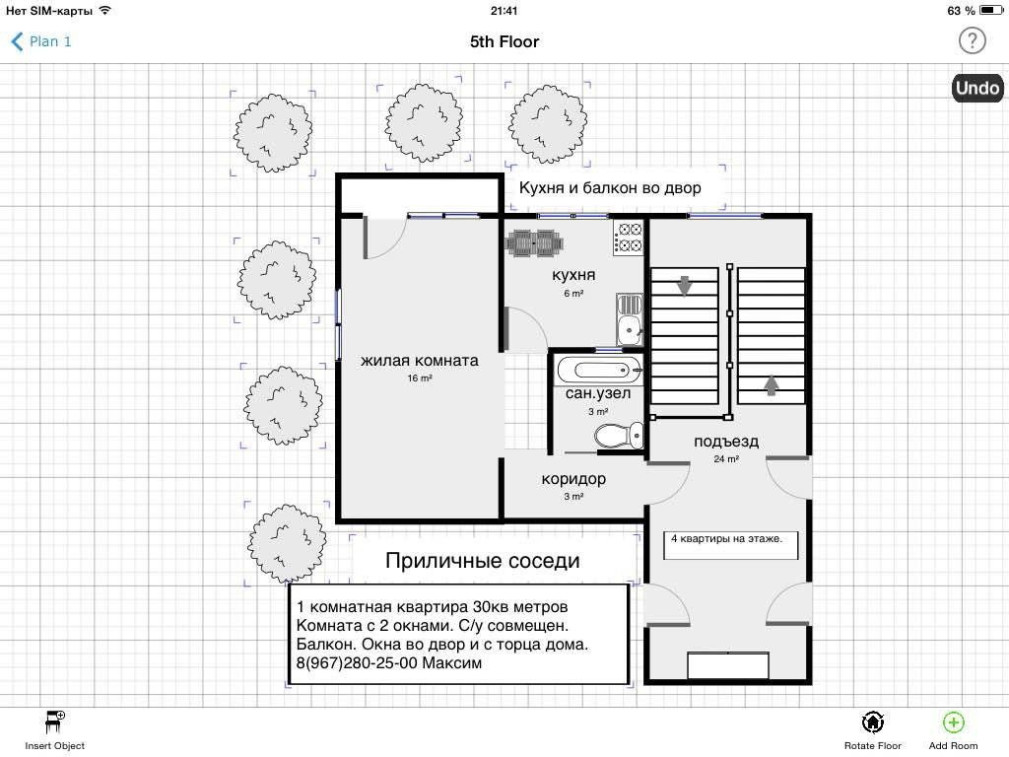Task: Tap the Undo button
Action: pyautogui.click(x=976, y=88)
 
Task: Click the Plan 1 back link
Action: pyautogui.click(x=41, y=41)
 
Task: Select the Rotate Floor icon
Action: pyautogui.click(x=873, y=723)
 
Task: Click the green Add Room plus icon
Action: pyautogui.click(x=953, y=723)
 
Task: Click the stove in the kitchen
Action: pyautogui.click(x=628, y=238)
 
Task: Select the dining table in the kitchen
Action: pyautogui.click(x=534, y=243)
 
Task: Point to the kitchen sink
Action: pyautogui.click(x=630, y=319)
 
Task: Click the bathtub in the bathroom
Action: pyautogui.click(x=599, y=371)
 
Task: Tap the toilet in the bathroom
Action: pyautogui.click(x=619, y=436)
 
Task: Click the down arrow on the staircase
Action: pyautogui.click(x=684, y=286)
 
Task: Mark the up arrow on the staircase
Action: pyautogui.click(x=771, y=385)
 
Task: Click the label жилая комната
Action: pyautogui.click(x=420, y=361)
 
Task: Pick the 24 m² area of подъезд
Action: pyautogui.click(x=726, y=459)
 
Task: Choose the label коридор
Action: pyautogui.click(x=573, y=479)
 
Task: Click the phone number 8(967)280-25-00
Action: pyautogui.click(x=357, y=663)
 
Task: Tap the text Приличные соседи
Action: pyautogui.click(x=483, y=561)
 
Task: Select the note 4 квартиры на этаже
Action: pyautogui.click(x=726, y=539)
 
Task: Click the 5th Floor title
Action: pyautogui.click(x=504, y=41)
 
